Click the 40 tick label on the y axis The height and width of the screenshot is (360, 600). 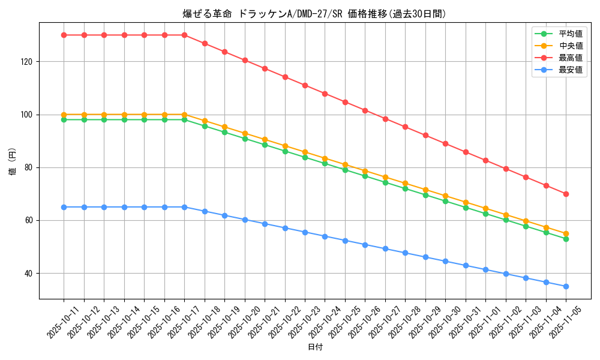[x=30, y=274]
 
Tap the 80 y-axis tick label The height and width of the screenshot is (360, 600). [x=30, y=167]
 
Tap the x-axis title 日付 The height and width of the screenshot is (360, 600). [x=315, y=347]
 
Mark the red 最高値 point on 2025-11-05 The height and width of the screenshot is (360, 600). [x=566, y=194]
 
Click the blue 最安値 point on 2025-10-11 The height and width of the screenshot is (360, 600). [x=64, y=207]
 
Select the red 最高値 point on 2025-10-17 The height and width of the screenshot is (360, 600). [x=184, y=35]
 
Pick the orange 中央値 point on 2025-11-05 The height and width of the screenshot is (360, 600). [x=566, y=233]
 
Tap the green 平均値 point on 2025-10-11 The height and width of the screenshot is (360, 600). [x=64, y=119]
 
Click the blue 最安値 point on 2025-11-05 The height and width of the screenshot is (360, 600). [x=566, y=286]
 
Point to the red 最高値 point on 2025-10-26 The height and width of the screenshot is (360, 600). [x=365, y=110]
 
